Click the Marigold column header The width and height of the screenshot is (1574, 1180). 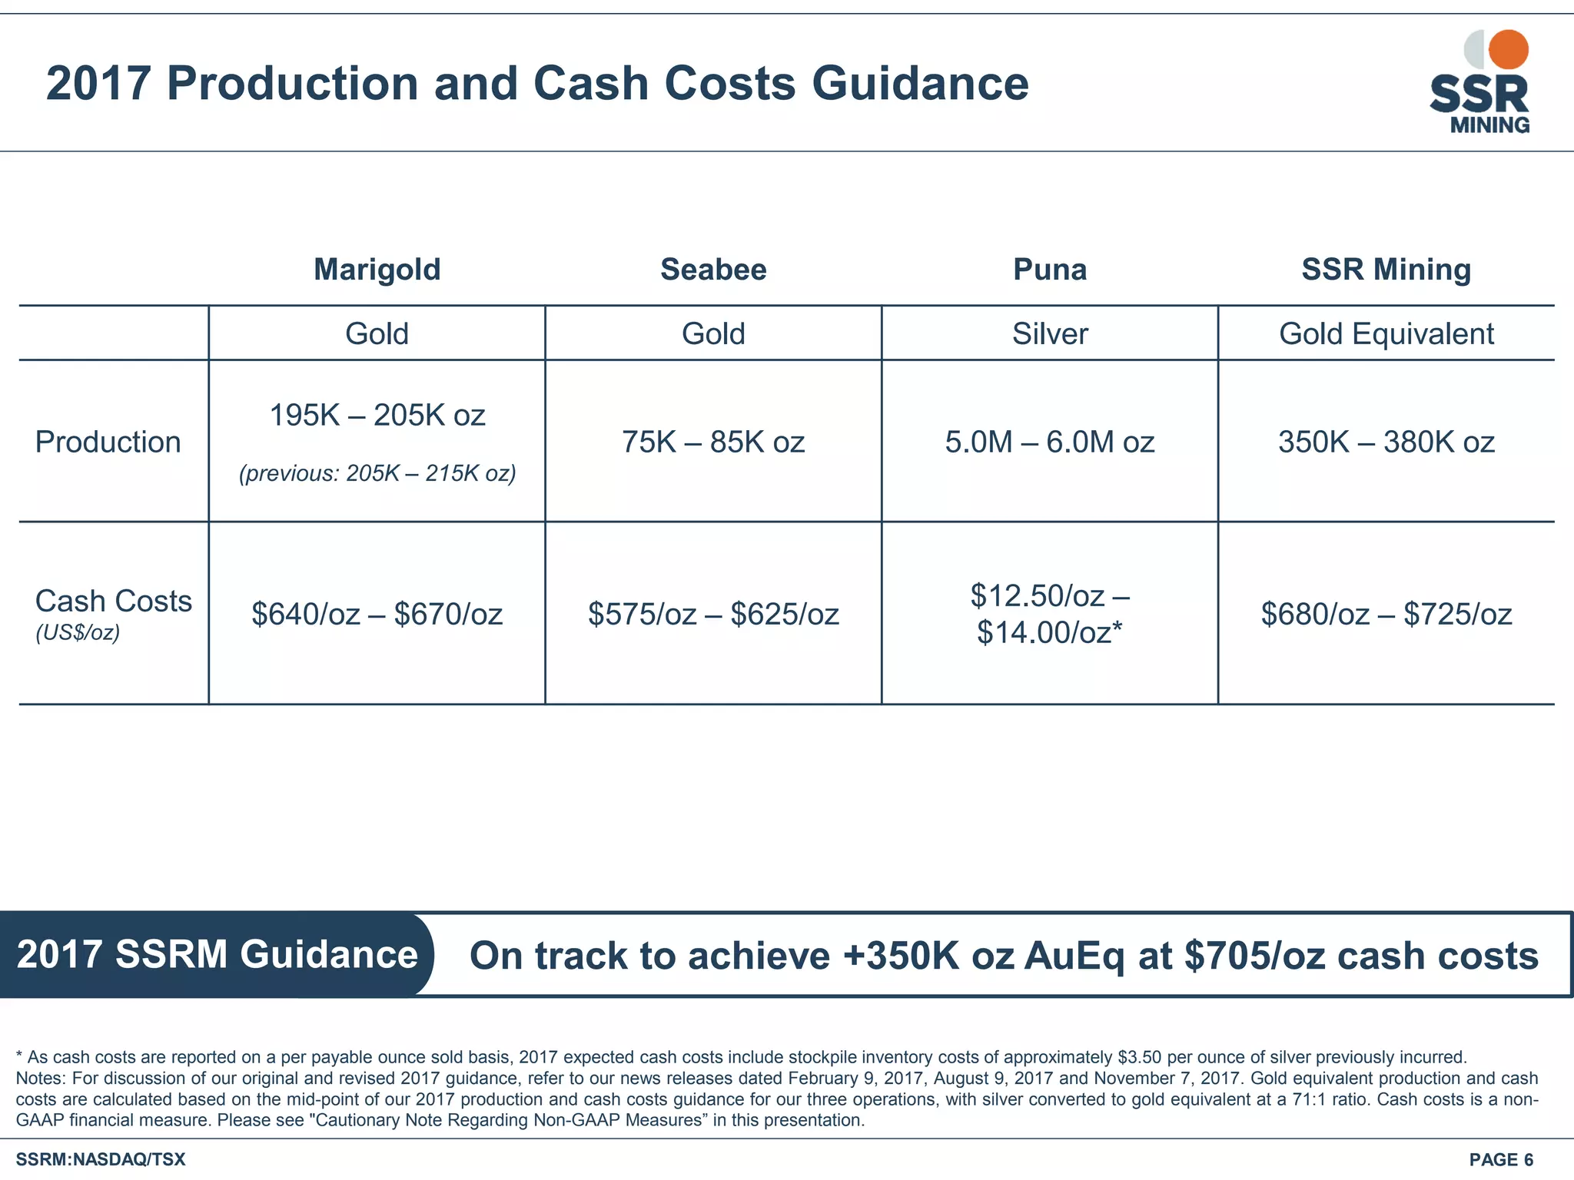pyautogui.click(x=377, y=270)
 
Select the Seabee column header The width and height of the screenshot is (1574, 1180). pyautogui.click(x=713, y=270)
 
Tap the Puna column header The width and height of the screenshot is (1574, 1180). pyautogui.click(x=1050, y=270)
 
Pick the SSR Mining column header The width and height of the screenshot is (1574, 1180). pyautogui.click(x=1386, y=270)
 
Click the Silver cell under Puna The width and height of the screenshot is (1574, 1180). pyautogui.click(x=1050, y=334)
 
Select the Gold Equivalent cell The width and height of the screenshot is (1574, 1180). pyautogui.click(x=1386, y=334)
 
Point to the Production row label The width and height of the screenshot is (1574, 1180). pyautogui.click(x=108, y=442)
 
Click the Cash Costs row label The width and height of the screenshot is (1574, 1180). pyautogui.click(x=114, y=602)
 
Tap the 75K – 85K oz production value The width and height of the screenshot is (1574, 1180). pyautogui.click(x=713, y=442)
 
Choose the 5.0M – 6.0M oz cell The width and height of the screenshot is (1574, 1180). pyautogui.click(x=1050, y=442)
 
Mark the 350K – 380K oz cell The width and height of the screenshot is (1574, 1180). pyautogui.click(x=1386, y=442)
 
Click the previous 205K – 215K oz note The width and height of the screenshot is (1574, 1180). pyautogui.click(x=377, y=473)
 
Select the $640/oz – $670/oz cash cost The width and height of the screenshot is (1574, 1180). pyautogui.click(x=377, y=615)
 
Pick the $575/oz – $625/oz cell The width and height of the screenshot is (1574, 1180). pyautogui.click(x=713, y=615)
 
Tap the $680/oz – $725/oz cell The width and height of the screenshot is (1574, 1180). pyautogui.click(x=1386, y=615)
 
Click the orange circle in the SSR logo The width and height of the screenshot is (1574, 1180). pyautogui.click(x=1509, y=49)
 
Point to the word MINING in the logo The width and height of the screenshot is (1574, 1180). pyautogui.click(x=1489, y=125)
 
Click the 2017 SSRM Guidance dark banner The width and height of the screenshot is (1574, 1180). pyautogui.click(x=217, y=955)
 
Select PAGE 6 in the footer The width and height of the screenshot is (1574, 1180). pyautogui.click(x=1501, y=1159)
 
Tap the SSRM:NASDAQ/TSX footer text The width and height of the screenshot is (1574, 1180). pyautogui.click(x=101, y=1159)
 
